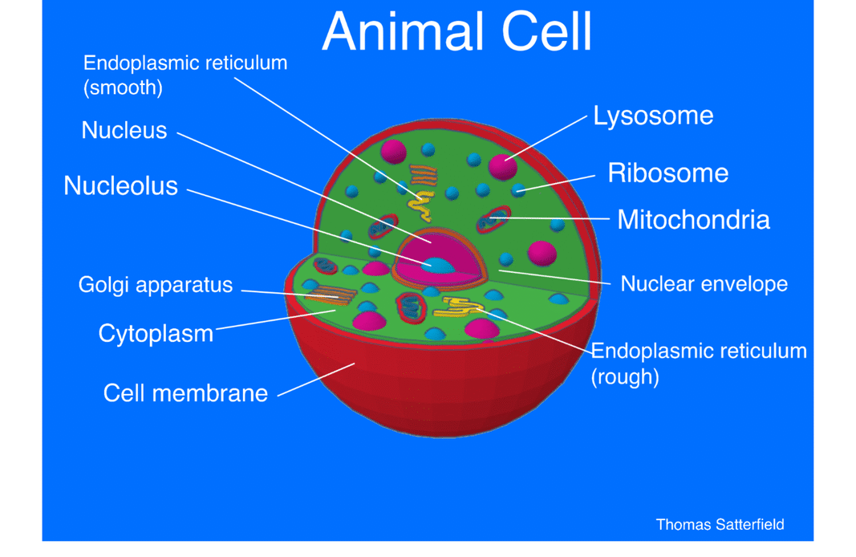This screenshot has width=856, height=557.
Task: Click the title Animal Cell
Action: coord(457,31)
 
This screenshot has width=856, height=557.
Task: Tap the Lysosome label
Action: coord(653,116)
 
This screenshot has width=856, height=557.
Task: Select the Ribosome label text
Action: coord(667,173)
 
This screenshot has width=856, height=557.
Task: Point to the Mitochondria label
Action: coord(693,220)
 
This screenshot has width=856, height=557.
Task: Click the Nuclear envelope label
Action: coord(704,284)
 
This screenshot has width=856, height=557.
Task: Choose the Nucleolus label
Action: coord(120,185)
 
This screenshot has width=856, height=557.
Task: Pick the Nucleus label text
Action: coord(124,130)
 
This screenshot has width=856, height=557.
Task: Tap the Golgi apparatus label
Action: coord(155,285)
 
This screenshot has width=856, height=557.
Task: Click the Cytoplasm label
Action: coord(156,333)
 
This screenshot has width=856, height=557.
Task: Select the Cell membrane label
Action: coord(185,393)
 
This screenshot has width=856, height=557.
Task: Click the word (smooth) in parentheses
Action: coord(123,87)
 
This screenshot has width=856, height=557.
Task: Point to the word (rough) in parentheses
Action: coord(625,376)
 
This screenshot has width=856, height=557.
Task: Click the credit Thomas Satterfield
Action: coord(720,525)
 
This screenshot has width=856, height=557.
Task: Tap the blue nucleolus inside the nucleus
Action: coord(437,266)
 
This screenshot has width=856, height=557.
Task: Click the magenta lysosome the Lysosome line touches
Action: coord(503,167)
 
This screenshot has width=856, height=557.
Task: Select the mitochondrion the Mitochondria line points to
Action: coord(493,219)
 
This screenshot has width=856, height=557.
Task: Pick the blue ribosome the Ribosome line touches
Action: coord(518,190)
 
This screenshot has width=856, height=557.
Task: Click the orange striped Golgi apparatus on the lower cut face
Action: coord(331,295)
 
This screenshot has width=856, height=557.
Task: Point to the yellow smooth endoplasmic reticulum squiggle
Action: coord(421,205)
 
